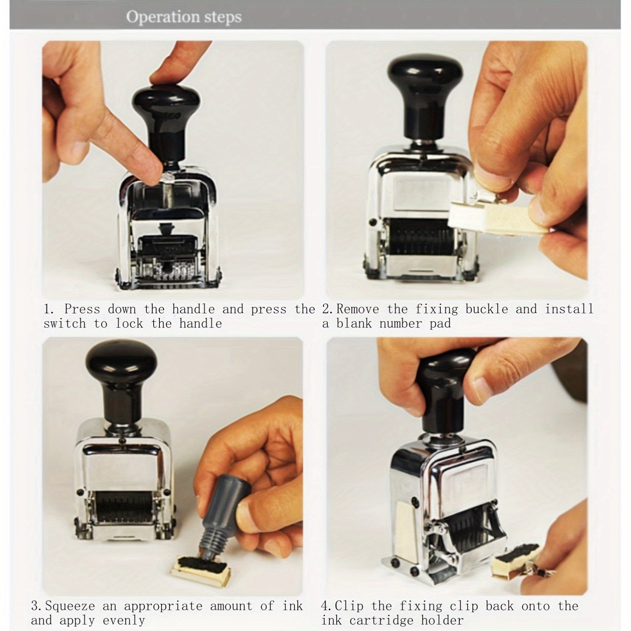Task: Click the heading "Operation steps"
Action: [184, 17]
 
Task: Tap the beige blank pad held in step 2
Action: [498, 216]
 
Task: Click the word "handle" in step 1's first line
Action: [193, 309]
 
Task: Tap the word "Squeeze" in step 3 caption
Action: [70, 606]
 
